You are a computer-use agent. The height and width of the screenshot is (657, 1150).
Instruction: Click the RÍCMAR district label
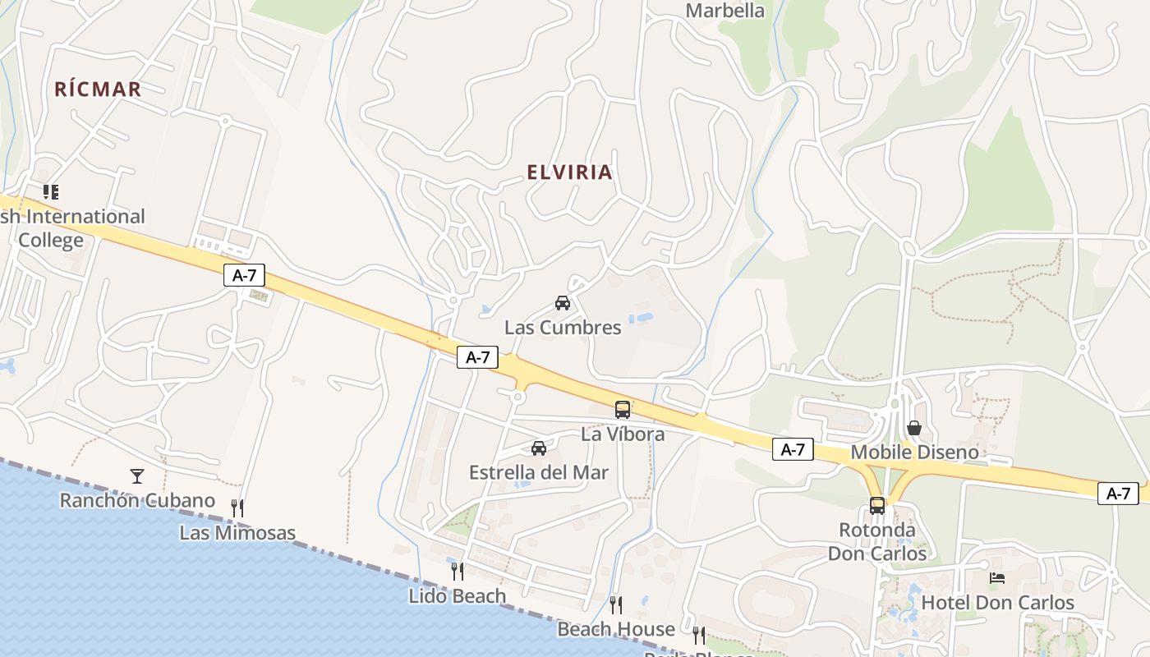98,90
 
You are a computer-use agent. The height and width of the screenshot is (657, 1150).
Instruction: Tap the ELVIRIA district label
569,172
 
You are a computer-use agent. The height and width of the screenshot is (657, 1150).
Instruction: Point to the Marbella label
724,11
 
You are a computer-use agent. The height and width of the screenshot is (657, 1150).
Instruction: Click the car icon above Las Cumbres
563,302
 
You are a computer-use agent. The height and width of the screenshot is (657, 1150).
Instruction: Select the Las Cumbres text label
563,328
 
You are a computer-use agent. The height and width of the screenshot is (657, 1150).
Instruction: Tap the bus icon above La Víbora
623,409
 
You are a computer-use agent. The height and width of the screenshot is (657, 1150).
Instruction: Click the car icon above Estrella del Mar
539,448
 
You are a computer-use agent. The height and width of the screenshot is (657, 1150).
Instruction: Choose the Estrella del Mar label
539,473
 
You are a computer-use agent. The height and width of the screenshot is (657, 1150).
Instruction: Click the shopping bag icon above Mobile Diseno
914,428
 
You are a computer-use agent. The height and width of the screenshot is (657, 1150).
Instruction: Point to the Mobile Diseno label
914,453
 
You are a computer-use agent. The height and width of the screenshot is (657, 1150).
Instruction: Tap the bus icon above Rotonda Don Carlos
877,505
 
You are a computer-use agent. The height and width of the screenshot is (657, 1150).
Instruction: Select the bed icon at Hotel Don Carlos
997,578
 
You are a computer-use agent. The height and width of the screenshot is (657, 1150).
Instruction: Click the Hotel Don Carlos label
997,603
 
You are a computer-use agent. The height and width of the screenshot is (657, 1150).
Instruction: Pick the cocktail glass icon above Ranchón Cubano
137,476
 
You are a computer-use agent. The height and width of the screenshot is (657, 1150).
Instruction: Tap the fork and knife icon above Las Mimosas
237,508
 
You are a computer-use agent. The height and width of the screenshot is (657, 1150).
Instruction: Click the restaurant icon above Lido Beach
458,570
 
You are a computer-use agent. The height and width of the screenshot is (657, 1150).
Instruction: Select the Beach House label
616,630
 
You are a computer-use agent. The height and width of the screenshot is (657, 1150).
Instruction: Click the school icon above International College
51,192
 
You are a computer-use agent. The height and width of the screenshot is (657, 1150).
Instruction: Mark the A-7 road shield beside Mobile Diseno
793,449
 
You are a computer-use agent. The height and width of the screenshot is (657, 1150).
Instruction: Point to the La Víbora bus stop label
623,434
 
